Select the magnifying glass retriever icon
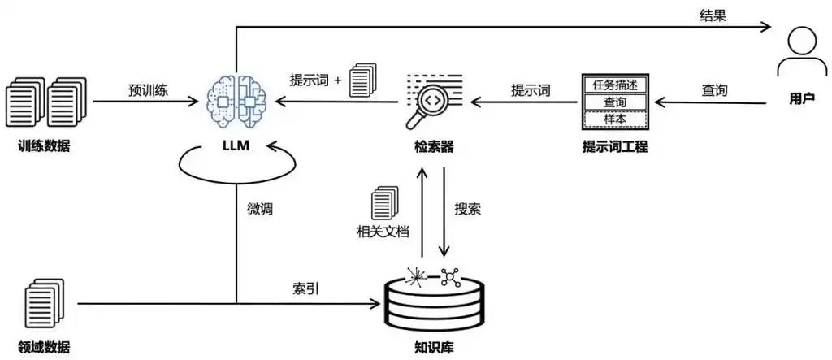tap(431, 101)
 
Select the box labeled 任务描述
tap(615, 85)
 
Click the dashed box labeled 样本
tap(615, 119)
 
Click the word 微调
tap(259, 209)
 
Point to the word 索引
tap(305, 288)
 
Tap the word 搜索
tap(467, 209)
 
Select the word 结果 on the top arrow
tap(713, 15)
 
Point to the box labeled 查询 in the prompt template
tap(615, 102)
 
